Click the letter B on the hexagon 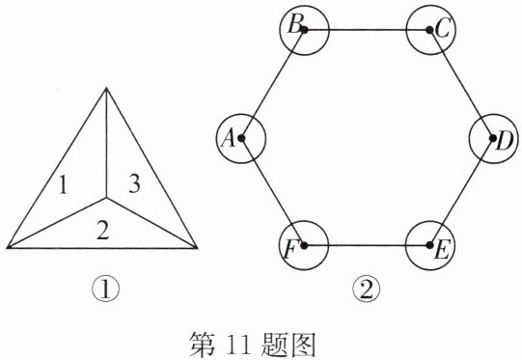pos(295,25)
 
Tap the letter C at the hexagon pos(443,28)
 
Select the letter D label pos(505,142)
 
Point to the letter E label pos(443,250)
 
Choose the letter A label pos(229,138)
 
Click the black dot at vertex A pos(241,138)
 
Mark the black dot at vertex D pos(493,138)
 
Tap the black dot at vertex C pos(429,30)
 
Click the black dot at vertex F pos(304,246)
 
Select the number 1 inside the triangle pos(63,185)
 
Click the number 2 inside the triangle pos(102,231)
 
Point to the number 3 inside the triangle pos(134,183)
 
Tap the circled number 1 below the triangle pos(105,290)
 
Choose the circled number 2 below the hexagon pos(366,290)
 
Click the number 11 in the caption pos(238,346)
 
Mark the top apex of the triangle pos(106,88)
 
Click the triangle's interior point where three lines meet pos(106,198)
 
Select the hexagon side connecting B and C pos(367,30)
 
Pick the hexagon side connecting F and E pos(367,246)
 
